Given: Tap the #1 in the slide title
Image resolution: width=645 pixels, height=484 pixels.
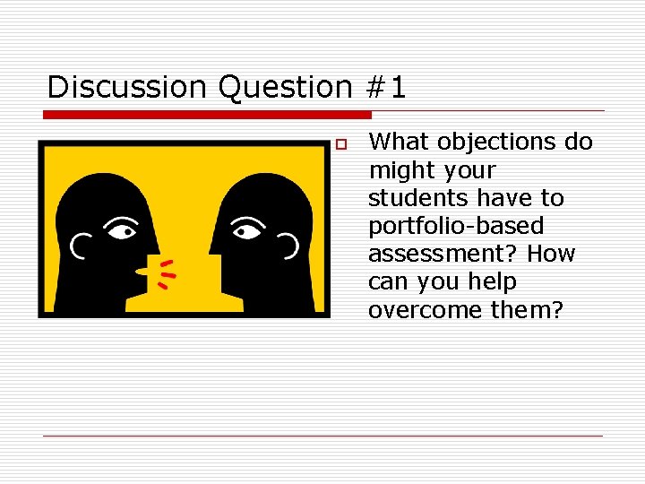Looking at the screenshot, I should (386, 88).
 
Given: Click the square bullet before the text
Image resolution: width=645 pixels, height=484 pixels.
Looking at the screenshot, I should (340, 144).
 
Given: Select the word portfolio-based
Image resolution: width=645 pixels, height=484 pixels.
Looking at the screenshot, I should (455, 226).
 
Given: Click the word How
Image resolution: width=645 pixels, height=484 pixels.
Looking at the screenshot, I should (551, 254).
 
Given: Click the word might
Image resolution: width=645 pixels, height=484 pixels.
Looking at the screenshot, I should (399, 169).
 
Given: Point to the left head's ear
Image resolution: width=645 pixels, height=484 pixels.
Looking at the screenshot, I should (82, 242).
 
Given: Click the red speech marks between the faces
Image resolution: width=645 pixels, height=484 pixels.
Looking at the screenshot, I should (165, 273).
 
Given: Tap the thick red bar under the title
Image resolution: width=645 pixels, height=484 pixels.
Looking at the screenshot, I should (207, 115).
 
